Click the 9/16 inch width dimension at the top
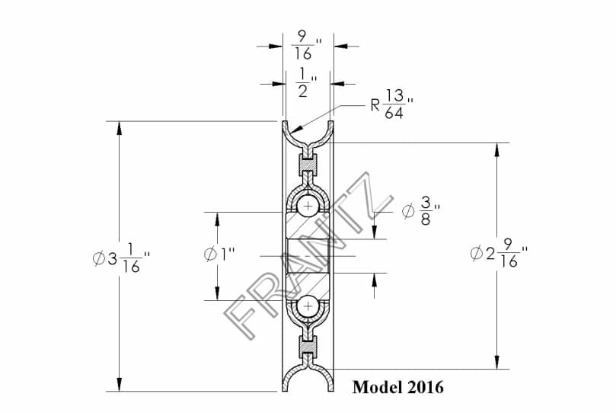tap(306, 46)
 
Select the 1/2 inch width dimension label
tap(306, 82)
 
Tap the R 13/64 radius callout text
tap(391, 104)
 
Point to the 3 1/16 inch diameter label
tap(121, 258)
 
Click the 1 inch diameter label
tap(219, 255)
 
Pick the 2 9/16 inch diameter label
tap(499, 254)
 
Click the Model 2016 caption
tap(398, 387)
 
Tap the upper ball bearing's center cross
tap(309, 206)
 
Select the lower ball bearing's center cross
tap(309, 306)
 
